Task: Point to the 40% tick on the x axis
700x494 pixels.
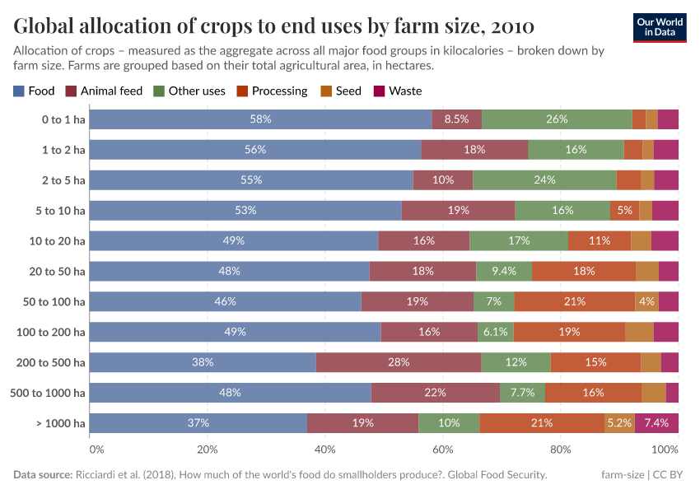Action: tap(325, 450)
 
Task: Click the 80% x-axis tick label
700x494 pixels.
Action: tap(561, 450)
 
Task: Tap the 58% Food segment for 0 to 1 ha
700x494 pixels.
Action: tap(260, 119)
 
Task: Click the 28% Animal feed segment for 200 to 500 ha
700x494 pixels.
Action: tap(399, 362)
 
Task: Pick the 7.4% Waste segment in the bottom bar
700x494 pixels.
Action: tap(656, 423)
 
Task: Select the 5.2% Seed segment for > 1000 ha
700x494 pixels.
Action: tap(619, 423)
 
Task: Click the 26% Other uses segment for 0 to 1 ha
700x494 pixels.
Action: tap(557, 119)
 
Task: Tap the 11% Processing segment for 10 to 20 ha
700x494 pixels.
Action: tap(599, 240)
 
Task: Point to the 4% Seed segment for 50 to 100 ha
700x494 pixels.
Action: tap(646, 301)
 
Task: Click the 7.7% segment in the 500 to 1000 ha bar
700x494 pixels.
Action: tap(522, 393)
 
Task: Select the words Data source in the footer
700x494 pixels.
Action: tap(43, 475)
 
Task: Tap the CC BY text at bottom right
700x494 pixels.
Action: tap(671, 475)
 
